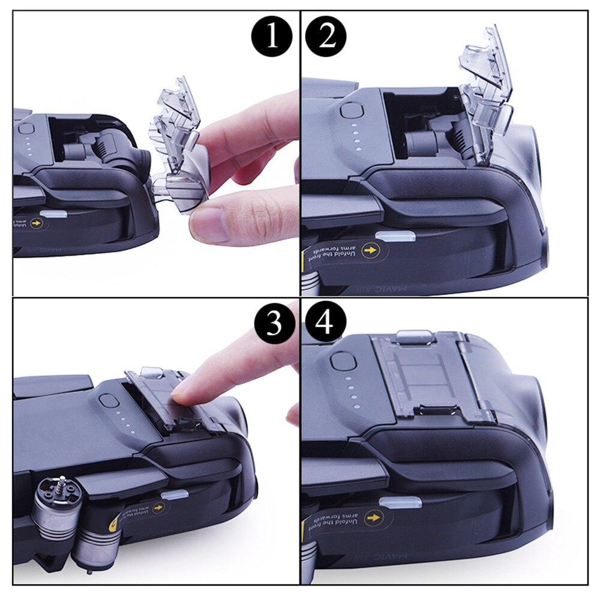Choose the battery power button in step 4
[341, 363]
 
